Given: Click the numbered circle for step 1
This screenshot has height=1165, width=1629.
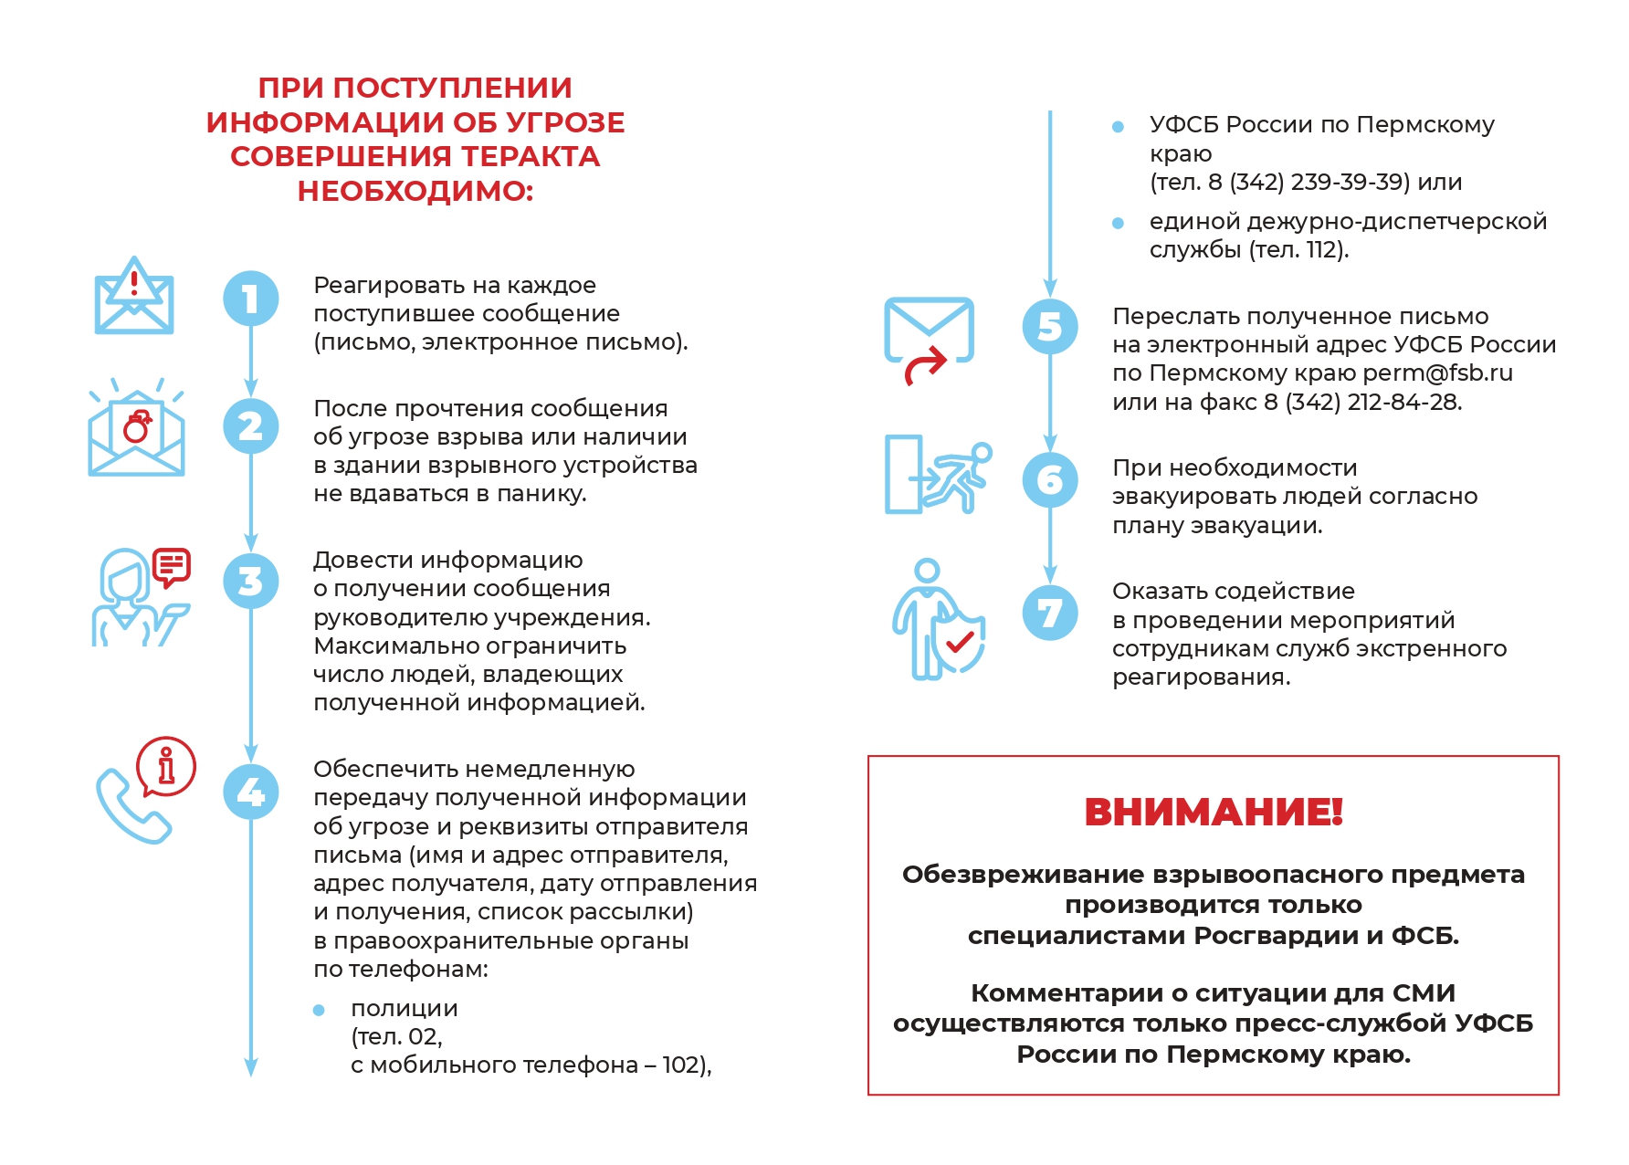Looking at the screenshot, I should click(x=251, y=299).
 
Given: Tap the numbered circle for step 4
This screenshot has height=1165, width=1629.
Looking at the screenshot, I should click(x=251, y=792).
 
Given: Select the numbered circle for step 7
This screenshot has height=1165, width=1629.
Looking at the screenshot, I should click(x=1050, y=613).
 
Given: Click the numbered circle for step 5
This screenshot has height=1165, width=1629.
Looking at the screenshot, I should click(x=1050, y=327).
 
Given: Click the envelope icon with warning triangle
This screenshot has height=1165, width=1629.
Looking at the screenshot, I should click(x=134, y=297).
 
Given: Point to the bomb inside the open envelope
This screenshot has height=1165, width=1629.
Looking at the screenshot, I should click(x=137, y=426).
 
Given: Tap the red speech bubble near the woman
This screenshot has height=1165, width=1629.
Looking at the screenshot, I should click(x=171, y=567).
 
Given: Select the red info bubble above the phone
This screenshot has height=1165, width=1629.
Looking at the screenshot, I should click(x=166, y=766).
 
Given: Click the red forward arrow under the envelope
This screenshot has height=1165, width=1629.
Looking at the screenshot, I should click(x=925, y=367).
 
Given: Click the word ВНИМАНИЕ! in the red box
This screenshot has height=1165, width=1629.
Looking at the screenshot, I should click(x=1213, y=812).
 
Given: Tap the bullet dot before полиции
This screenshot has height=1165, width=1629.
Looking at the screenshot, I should click(x=319, y=1010).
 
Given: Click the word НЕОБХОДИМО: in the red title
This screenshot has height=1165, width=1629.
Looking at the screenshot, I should click(x=415, y=191).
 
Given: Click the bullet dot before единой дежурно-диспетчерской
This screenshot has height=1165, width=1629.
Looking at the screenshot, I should click(x=1118, y=223).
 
